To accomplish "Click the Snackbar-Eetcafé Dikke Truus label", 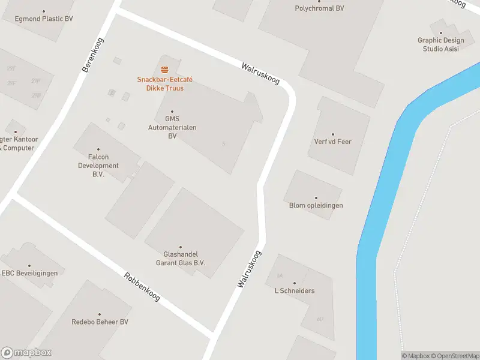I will (164, 84).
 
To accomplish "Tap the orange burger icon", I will (164, 70).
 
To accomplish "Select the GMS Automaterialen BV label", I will (172, 128).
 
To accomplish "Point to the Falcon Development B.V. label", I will (98, 166).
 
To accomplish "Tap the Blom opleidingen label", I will (316, 205).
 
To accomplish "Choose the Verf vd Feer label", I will (332, 142).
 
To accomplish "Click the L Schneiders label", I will (294, 291).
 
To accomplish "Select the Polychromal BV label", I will (319, 8).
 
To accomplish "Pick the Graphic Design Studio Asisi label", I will (440, 44).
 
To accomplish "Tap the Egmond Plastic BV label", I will (44, 19).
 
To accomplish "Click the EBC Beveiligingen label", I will (29, 273).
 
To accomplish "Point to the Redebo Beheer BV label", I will (100, 322).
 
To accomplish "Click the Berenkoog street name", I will (93, 55).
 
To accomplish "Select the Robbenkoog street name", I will (142, 287).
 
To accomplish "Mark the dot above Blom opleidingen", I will (316, 197).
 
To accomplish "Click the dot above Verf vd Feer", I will (332, 134).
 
